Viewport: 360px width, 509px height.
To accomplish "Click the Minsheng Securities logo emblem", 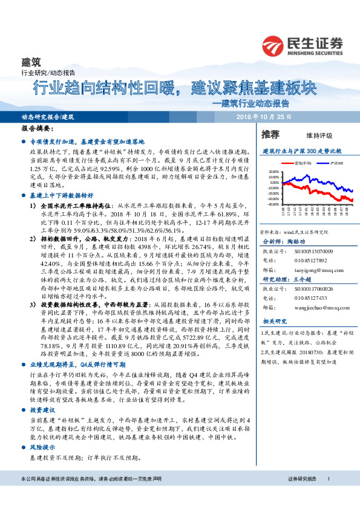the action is [273, 45].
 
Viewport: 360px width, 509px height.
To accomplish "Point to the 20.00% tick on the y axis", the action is [273, 171].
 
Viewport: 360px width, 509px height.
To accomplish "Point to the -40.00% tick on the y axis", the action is [273, 205].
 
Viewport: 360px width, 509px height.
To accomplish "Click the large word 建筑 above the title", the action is [31, 61].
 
